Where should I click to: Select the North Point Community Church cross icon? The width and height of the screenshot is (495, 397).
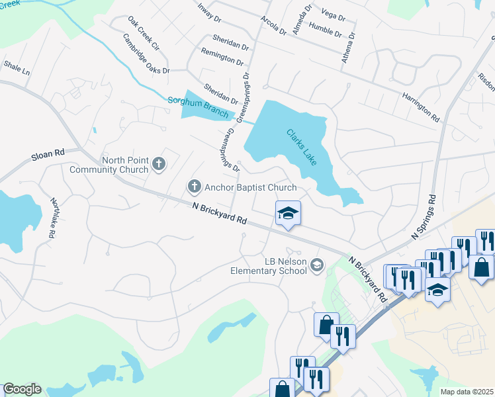pos(158,163)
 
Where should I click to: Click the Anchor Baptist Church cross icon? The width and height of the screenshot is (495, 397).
pos(195,187)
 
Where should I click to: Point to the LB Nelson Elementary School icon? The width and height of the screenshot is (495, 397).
pos(317,265)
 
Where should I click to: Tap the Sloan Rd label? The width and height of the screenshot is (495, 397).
pos(48,155)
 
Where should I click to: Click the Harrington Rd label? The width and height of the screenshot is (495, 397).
pos(420,106)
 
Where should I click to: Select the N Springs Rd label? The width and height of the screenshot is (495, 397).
pos(424,216)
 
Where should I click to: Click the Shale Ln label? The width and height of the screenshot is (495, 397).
pos(17,67)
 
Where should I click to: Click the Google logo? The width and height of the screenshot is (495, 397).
pos(22,389)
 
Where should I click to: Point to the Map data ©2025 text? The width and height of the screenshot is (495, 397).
pos(466,392)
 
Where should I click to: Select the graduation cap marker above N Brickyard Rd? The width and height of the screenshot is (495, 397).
pos(288,214)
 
